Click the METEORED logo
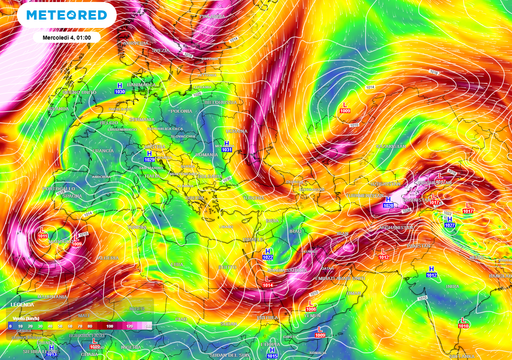tap(68, 17)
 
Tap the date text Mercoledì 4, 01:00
tap(69, 36)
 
